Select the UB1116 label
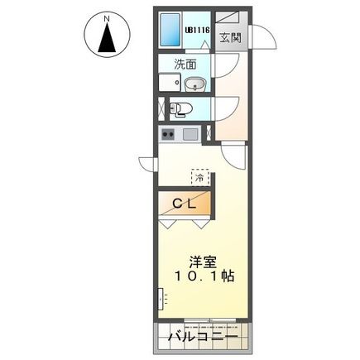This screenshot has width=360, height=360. pyautogui.click(x=197, y=31)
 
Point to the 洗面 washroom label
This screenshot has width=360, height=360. pyautogui.click(x=184, y=64)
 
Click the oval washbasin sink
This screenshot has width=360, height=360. pyautogui.click(x=195, y=83)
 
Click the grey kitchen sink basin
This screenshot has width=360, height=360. pyautogui.click(x=190, y=133)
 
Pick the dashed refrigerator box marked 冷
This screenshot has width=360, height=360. pyautogui.click(x=199, y=175)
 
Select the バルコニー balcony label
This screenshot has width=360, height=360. pyautogui.click(x=202, y=338)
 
